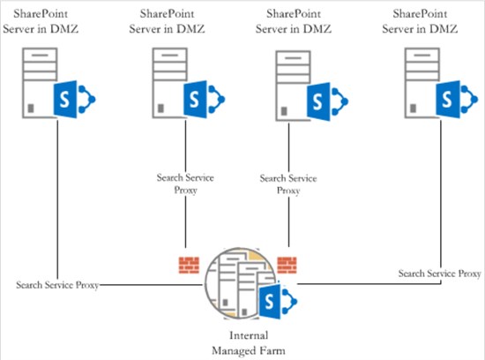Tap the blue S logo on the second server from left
pos(195,98)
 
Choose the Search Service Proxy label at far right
pos(439,274)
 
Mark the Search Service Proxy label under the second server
pos(184,184)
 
